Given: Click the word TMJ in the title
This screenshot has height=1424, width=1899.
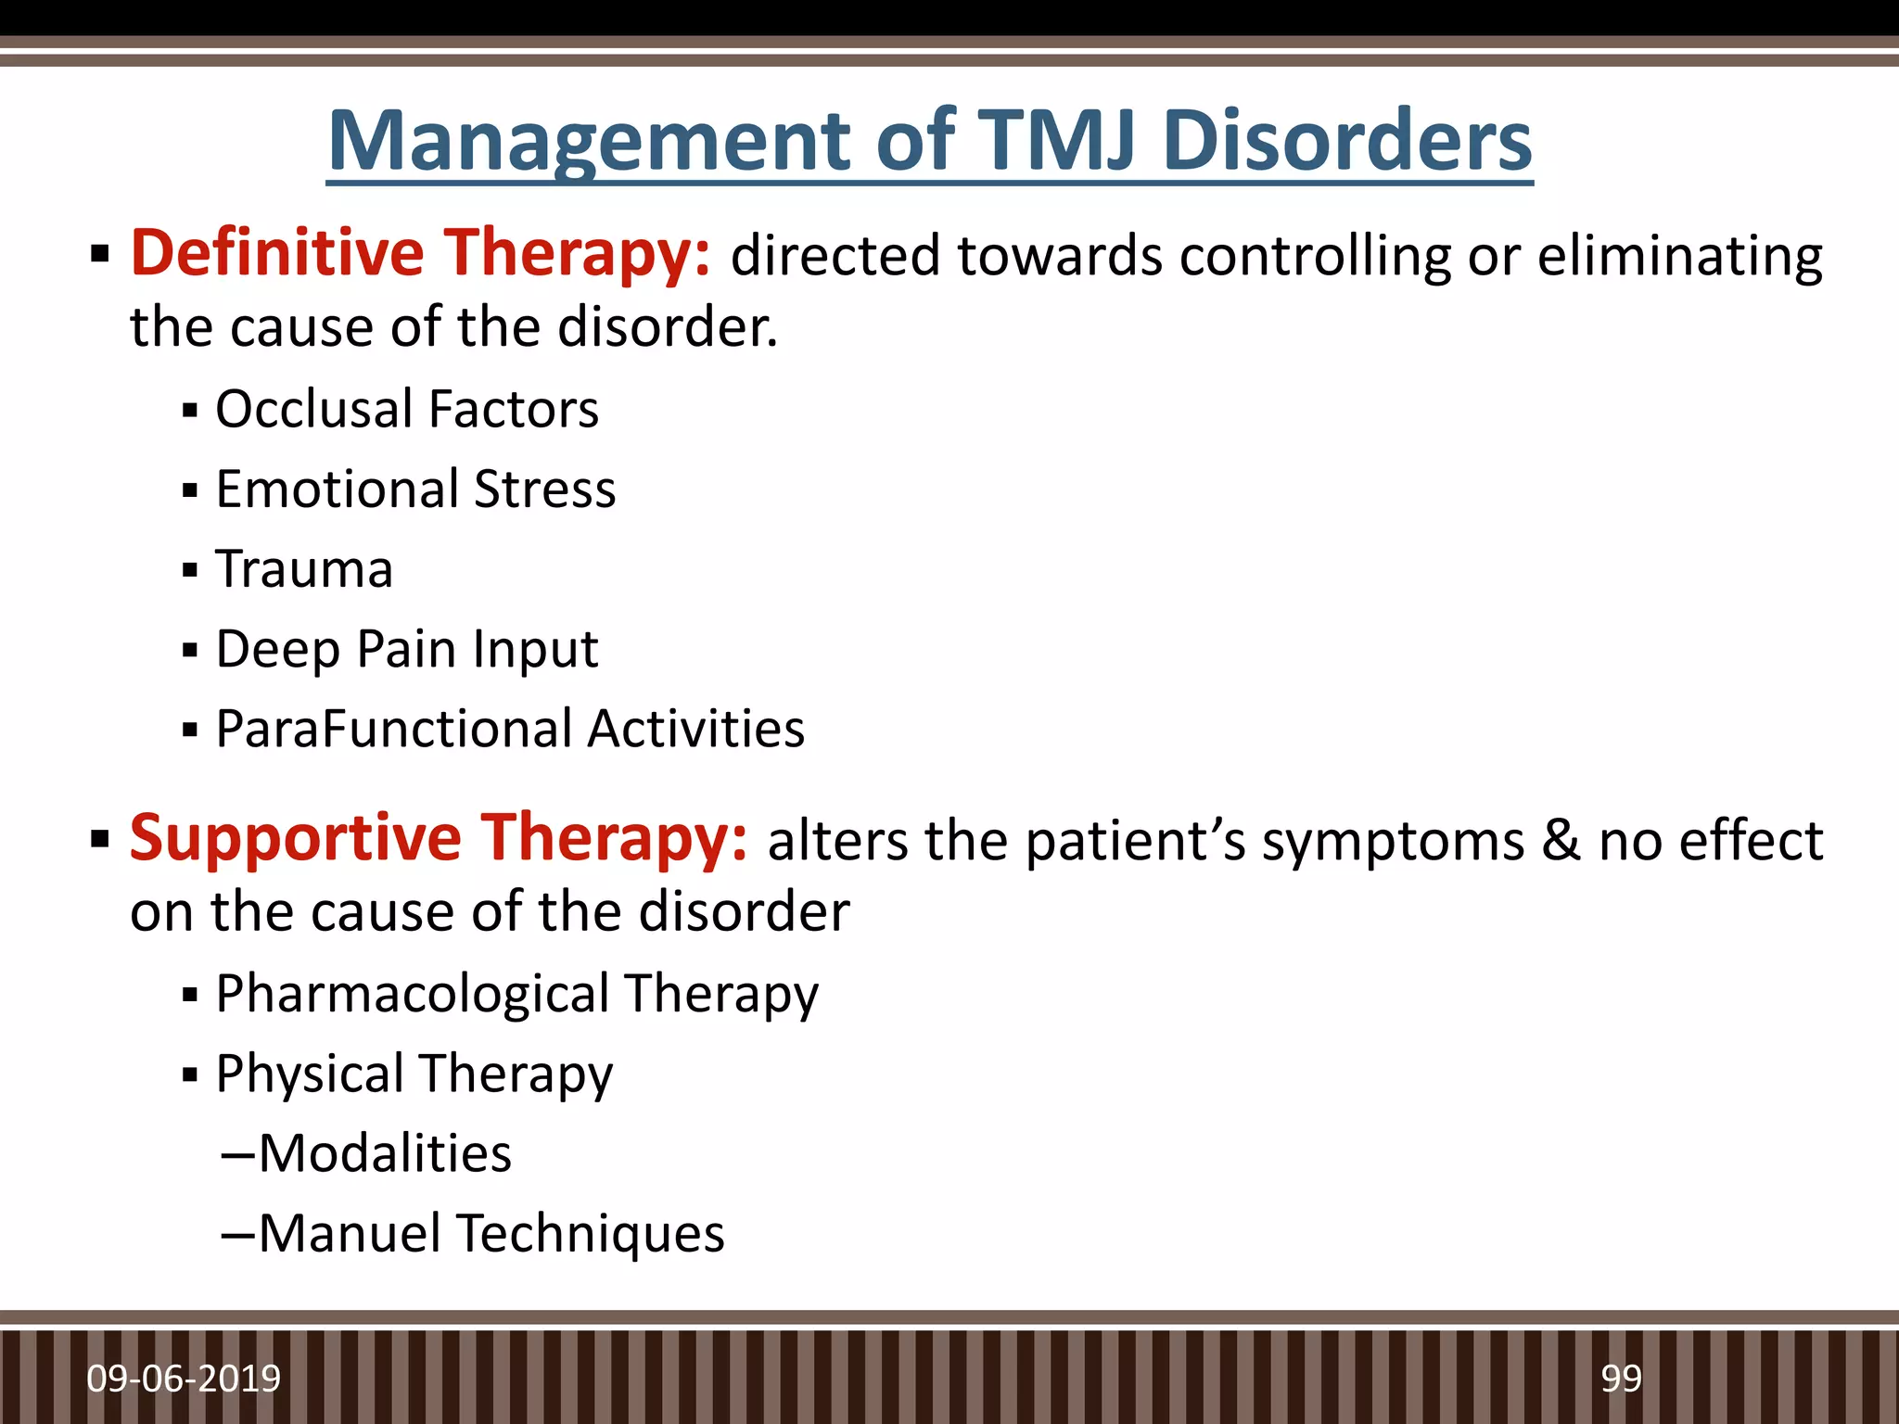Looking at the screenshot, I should [x=1055, y=141].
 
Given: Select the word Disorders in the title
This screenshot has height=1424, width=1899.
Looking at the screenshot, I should [x=1346, y=141].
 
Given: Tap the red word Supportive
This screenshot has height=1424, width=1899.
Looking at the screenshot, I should [x=295, y=838].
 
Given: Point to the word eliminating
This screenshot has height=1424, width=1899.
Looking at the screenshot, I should [x=1679, y=256].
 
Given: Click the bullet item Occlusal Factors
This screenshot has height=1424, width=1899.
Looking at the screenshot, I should [x=406, y=409].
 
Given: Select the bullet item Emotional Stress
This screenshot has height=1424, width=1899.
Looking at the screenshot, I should [x=414, y=489].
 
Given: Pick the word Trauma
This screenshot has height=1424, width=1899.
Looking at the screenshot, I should [x=304, y=568].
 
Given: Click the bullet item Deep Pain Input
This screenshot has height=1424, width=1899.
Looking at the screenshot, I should [x=406, y=648].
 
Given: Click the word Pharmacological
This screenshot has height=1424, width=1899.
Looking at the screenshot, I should [x=412, y=994].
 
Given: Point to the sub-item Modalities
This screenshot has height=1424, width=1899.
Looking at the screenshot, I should [x=384, y=1153].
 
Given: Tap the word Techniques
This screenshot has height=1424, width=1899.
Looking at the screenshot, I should [x=591, y=1233].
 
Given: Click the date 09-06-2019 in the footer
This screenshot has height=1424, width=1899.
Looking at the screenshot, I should [x=184, y=1379].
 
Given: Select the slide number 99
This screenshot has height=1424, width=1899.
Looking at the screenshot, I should [x=1621, y=1379].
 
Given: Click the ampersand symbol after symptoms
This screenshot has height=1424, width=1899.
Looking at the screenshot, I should [x=1561, y=840].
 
